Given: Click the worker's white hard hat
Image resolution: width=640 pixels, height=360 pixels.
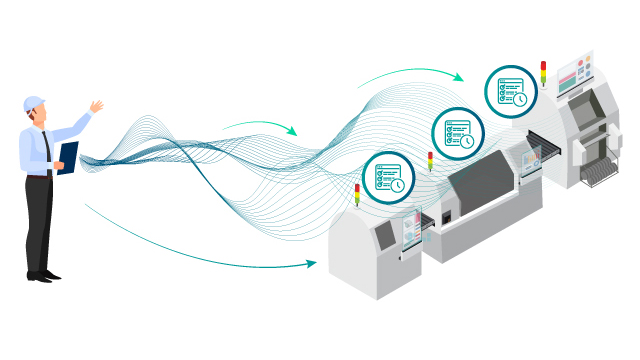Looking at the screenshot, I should pos(34,102).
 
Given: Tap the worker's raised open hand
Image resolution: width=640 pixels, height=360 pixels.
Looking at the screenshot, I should pos(96,106).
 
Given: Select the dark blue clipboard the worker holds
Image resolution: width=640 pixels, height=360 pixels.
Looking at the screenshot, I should pos(68,157).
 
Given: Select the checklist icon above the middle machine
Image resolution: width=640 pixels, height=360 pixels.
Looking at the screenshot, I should pos(458,133).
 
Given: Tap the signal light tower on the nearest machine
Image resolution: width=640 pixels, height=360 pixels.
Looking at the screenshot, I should pos(357,193).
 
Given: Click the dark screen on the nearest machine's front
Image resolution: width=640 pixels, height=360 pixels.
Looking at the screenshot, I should pos(383,236).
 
